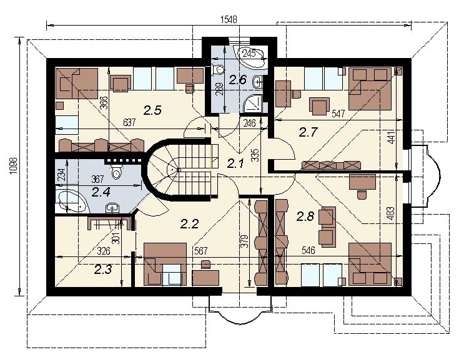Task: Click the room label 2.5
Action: [x=152, y=110]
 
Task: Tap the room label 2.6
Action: [x=238, y=79]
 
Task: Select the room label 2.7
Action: [x=308, y=132]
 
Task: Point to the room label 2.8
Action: [x=305, y=216]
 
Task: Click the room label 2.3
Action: [x=103, y=270]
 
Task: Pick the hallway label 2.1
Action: [x=235, y=163]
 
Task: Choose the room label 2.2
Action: [x=189, y=224]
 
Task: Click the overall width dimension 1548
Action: [x=229, y=19]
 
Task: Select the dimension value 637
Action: [x=129, y=122]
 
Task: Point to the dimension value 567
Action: [x=201, y=251]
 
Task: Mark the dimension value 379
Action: [x=244, y=241]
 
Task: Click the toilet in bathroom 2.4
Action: [x=116, y=172]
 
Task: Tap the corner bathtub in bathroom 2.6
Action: [x=251, y=56]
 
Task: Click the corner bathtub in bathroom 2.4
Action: [x=72, y=202]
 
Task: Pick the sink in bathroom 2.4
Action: [x=112, y=208]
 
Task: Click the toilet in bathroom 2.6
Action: [x=218, y=70]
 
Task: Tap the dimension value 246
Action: [x=249, y=123]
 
